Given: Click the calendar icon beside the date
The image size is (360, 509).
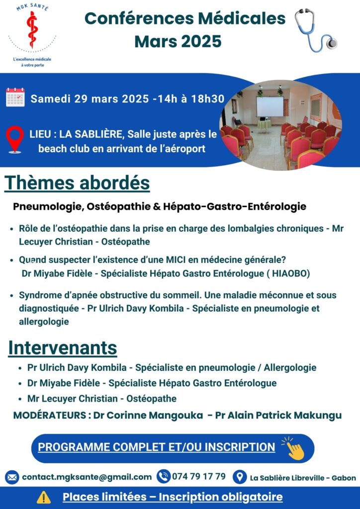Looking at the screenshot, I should coord(15,97).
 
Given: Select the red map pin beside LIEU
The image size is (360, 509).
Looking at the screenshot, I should coord(15,139).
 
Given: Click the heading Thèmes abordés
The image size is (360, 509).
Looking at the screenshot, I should coord(78,183).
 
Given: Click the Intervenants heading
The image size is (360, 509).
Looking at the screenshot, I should coord(63,347).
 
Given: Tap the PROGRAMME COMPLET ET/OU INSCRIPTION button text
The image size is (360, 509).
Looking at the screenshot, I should coord(156,447).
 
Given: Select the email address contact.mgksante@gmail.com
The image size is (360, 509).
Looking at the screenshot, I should coord(87,477).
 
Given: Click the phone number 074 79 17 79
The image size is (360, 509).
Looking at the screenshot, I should coord(199,476).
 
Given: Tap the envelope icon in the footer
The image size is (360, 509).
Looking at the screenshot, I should coord(12,477).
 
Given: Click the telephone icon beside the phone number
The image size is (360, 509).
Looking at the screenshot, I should coord(163,476).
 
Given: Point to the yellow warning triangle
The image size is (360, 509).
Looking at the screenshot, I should coord(44,497).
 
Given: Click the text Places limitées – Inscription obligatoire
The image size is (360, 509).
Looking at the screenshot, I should coord(173,497).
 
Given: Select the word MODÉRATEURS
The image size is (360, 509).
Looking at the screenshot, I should coord(49,415).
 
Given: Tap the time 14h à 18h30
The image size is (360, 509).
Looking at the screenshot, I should coord(191,98).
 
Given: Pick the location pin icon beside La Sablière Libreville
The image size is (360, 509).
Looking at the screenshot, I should coord(240,477).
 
